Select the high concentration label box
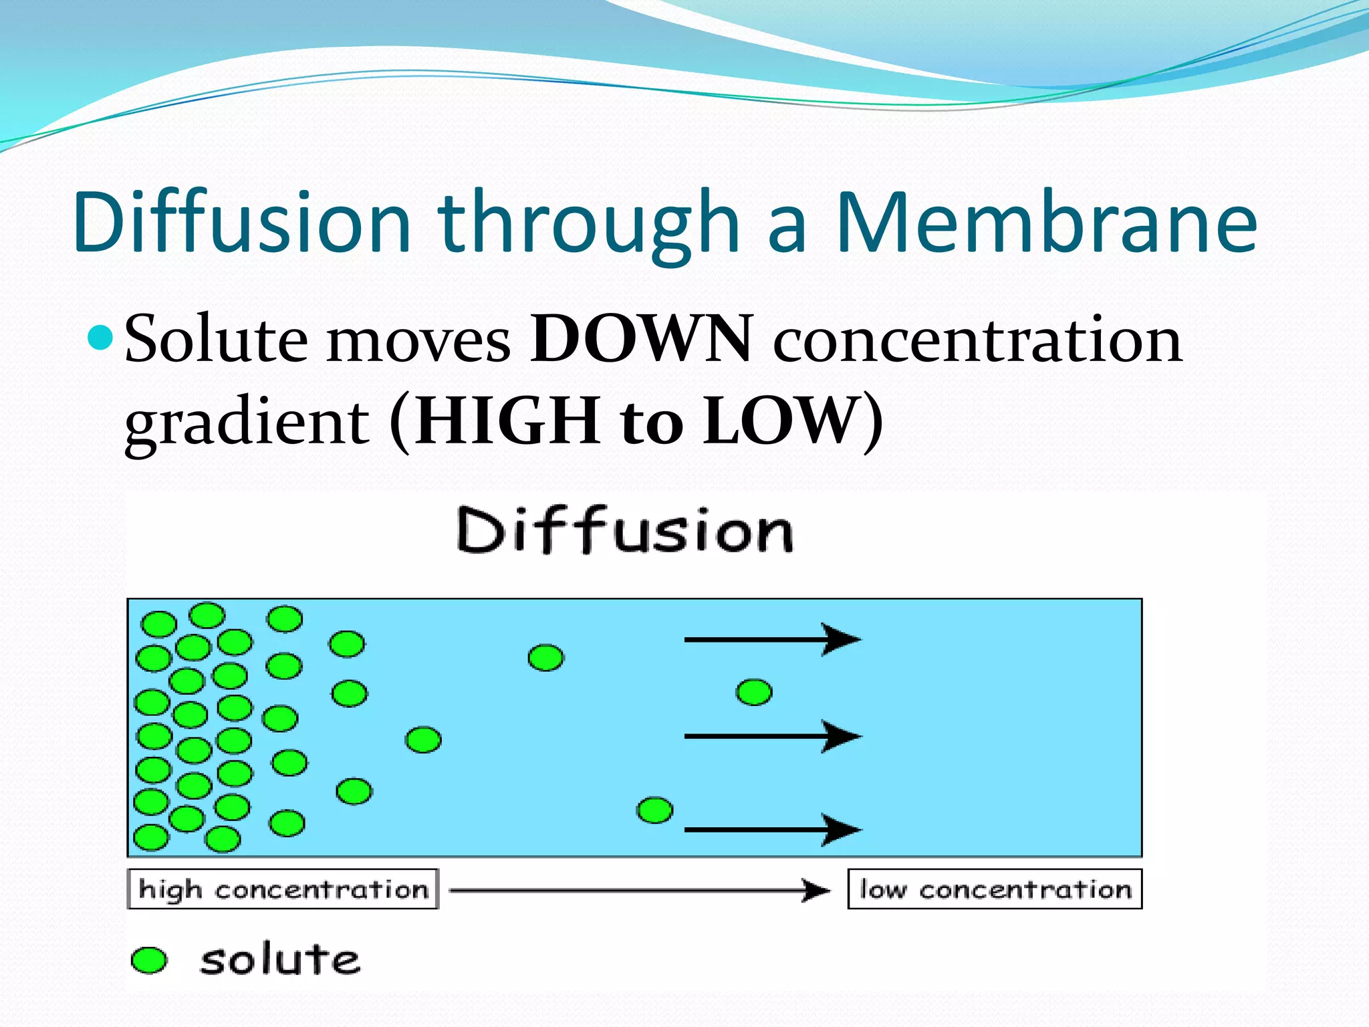point(283,889)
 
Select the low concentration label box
point(995,889)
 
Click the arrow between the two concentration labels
point(639,891)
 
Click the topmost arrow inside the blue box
point(772,640)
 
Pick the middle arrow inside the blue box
point(772,736)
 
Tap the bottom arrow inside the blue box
point(772,830)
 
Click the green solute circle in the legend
point(148,960)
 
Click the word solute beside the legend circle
point(279,960)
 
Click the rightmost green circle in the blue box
point(754,692)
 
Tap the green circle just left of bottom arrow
point(655,810)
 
